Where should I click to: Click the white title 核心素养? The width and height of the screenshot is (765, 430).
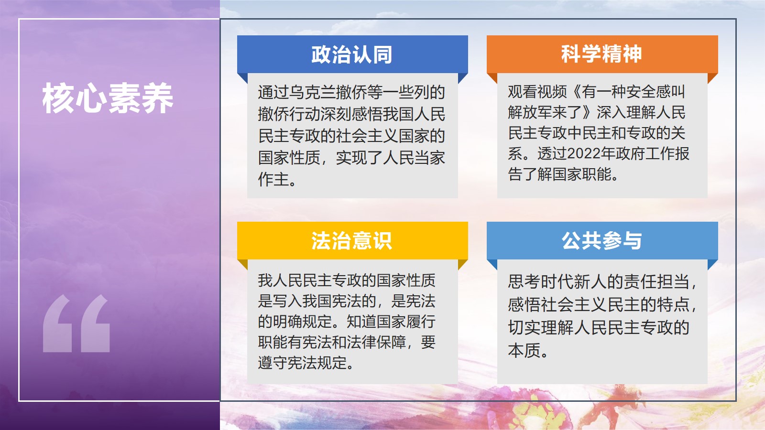pyautogui.click(x=108, y=98)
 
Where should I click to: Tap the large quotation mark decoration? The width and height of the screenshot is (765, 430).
pyautogui.click(x=76, y=323)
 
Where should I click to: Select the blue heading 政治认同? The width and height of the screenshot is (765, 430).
pyautogui.click(x=352, y=54)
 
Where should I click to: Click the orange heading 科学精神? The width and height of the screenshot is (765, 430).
pyautogui.click(x=602, y=54)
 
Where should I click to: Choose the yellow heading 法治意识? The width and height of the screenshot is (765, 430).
pyautogui.click(x=352, y=241)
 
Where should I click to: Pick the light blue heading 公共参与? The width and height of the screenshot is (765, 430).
pyautogui.click(x=602, y=241)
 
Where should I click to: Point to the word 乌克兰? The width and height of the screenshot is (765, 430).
pyautogui.click(x=312, y=92)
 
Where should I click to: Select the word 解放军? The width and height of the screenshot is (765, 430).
pyautogui.click(x=530, y=112)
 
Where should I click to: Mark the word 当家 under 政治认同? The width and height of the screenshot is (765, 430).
pyautogui.click(x=430, y=158)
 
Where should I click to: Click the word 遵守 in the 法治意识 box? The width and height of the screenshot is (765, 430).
pyautogui.click(x=273, y=363)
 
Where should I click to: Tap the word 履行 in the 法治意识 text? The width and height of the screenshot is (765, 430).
pyautogui.click(x=421, y=322)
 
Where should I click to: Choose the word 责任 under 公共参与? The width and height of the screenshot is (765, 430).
pyautogui.click(x=640, y=282)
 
